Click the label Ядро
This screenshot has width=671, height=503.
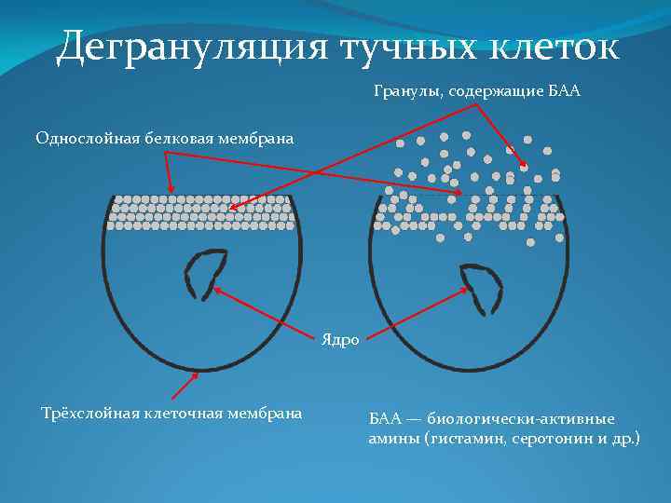click(x=340, y=341)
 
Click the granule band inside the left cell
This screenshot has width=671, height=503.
click(x=201, y=211)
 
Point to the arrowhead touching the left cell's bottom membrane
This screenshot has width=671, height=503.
click(x=196, y=375)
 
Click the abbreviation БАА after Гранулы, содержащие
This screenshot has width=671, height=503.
click(x=565, y=92)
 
